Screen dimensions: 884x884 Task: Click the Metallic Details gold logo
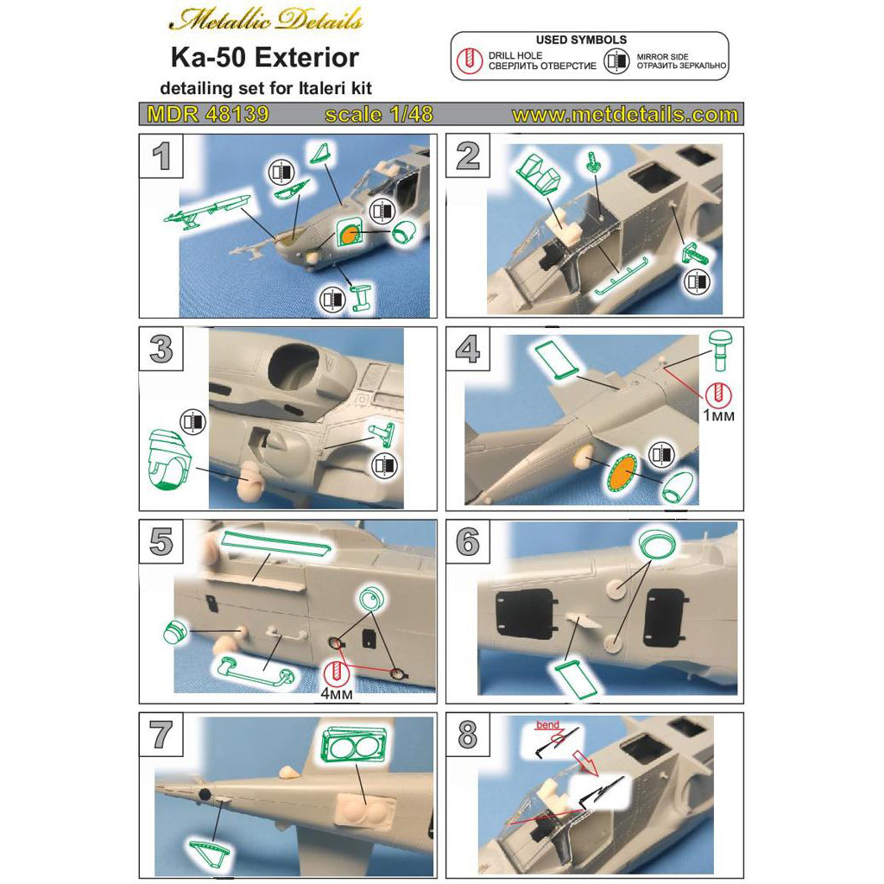[266, 20]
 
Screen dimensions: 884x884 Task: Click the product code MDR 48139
[208, 115]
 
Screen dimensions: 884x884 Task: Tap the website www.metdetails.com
[625, 115]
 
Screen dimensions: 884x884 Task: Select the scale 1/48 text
[379, 115]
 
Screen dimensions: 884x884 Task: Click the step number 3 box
[161, 349]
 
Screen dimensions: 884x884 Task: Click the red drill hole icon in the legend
[469, 60]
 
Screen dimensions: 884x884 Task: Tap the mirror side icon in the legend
[616, 60]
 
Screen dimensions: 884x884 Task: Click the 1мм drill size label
[718, 415]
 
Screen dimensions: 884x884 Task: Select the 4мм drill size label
[337, 693]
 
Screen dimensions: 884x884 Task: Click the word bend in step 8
[547, 725]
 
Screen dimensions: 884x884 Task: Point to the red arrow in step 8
[584, 761]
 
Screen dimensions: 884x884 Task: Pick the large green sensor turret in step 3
[168, 458]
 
